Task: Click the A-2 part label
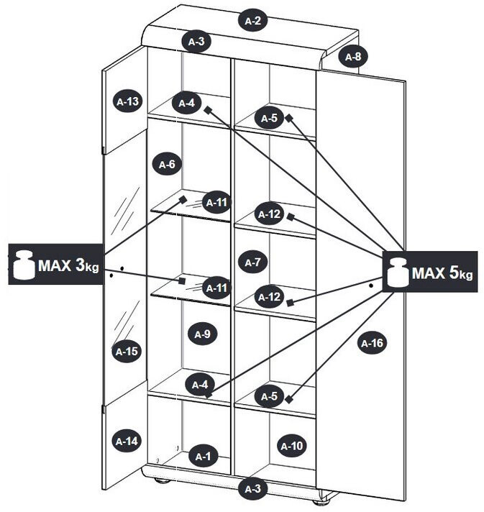tap(252, 21)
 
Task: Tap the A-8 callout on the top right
tap(352, 56)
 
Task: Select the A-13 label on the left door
tap(127, 101)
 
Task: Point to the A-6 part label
tap(166, 165)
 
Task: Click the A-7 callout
tap(252, 262)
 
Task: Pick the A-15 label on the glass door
tap(127, 351)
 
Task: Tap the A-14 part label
tap(127, 441)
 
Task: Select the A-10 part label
tap(291, 446)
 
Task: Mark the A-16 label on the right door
tap(372, 343)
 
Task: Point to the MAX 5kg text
tap(442, 273)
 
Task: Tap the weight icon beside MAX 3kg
tap(22, 265)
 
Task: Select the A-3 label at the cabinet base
tap(252, 489)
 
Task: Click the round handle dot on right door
tap(371, 285)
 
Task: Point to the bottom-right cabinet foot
tap(327, 496)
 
